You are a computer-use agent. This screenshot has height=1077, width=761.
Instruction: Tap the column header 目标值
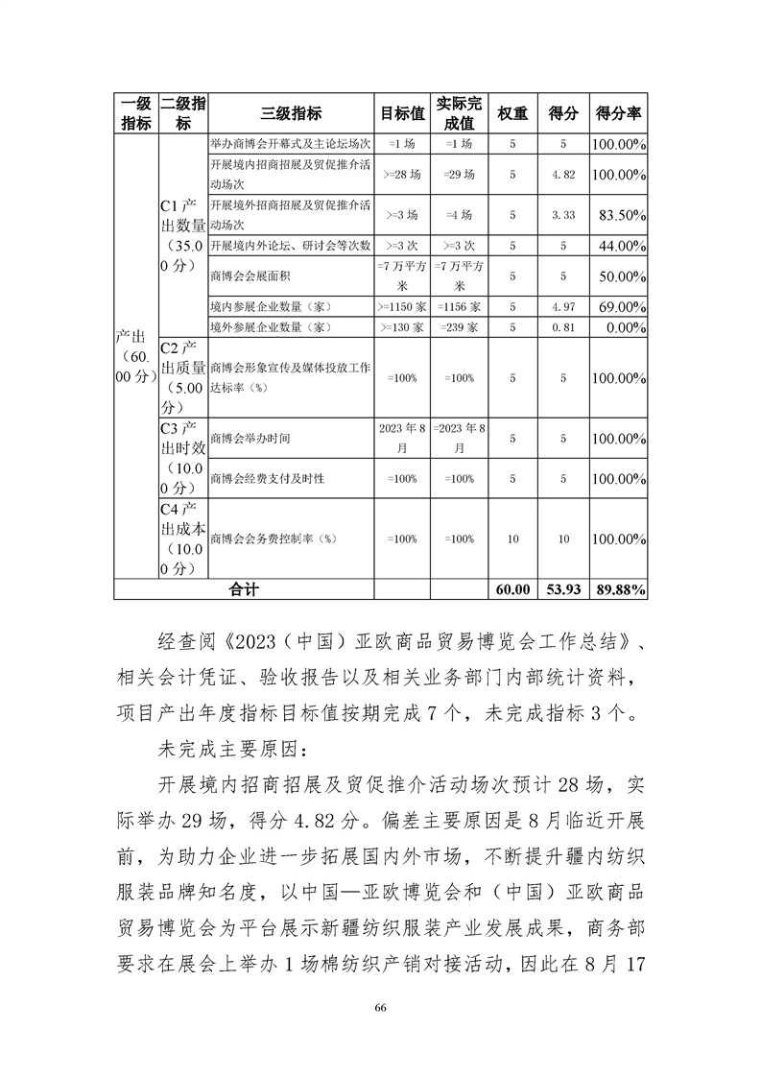pyautogui.click(x=403, y=112)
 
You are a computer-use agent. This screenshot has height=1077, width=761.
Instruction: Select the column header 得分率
pyautogui.click(x=619, y=112)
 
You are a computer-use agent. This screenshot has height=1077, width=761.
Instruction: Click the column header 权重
pyautogui.click(x=512, y=112)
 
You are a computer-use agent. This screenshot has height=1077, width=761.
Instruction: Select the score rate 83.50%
pyautogui.click(x=619, y=216)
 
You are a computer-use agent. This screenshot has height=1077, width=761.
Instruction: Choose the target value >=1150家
pyautogui.click(x=404, y=306)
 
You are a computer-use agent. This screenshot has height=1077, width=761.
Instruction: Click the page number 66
pyautogui.click(x=381, y=1007)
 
